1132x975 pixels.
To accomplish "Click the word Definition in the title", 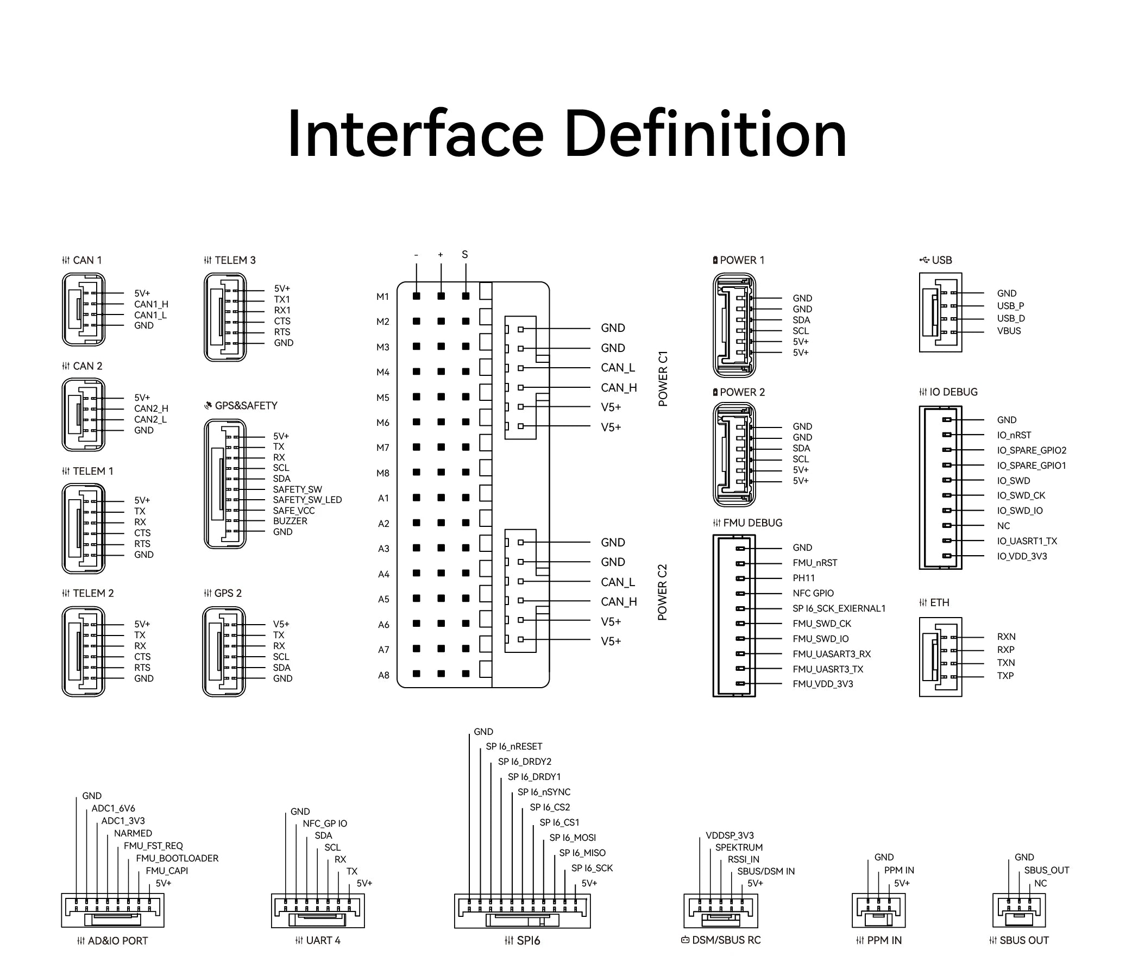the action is tap(705, 134).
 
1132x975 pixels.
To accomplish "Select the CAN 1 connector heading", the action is tap(82, 260).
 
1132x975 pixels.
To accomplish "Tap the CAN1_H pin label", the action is tap(152, 304).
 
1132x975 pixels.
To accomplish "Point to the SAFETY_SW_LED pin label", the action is tap(307, 500).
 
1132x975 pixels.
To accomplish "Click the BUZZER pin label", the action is tap(290, 521).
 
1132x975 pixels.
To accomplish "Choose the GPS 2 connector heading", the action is tap(223, 593).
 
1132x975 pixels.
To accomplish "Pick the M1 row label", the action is tap(382, 297).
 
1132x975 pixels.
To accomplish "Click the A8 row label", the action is tap(383, 675).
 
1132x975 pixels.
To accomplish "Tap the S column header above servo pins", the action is tap(465, 255).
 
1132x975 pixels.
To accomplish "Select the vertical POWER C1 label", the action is tap(663, 379).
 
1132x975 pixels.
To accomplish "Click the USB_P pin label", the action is tap(1010, 306).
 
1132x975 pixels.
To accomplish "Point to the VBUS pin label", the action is tap(1009, 330).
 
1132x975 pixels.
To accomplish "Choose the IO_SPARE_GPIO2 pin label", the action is tap(1032, 450).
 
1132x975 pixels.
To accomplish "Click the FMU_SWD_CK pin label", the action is tap(822, 623).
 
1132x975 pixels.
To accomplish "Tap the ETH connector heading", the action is tap(935, 602).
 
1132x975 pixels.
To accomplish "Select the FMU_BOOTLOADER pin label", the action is tap(177, 858).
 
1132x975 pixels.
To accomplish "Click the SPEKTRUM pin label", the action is tap(739, 847).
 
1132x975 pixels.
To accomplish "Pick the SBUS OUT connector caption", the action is tap(1019, 940).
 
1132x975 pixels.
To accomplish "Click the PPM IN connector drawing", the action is tap(878, 910).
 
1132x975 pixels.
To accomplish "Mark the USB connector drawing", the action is tap(940, 312).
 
